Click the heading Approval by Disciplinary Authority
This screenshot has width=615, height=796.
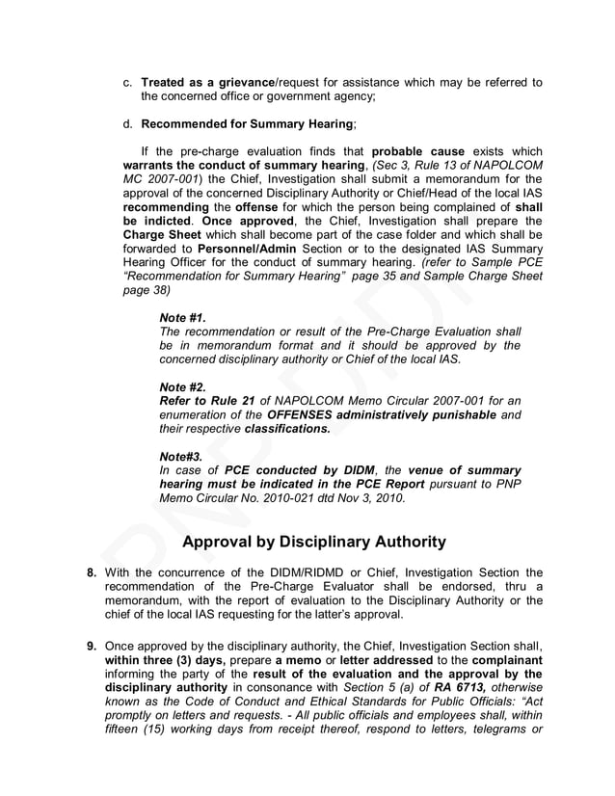313,542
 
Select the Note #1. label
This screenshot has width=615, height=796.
182,317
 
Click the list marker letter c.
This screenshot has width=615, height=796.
127,83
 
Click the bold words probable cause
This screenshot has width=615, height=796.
417,152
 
